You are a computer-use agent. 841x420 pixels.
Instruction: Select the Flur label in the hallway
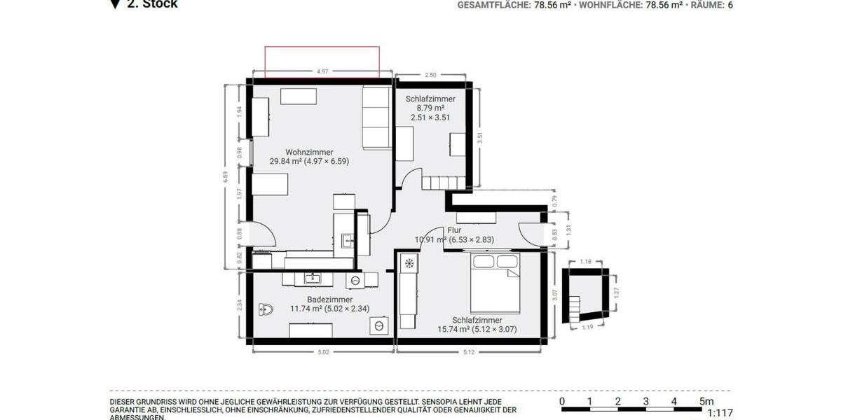[x=455, y=230]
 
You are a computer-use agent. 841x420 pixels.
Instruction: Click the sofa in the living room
[x=376, y=117]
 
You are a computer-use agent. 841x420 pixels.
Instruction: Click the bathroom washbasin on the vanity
[x=312, y=279]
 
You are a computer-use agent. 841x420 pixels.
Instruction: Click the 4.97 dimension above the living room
[x=322, y=71]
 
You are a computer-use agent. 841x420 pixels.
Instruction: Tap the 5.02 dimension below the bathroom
[x=323, y=352]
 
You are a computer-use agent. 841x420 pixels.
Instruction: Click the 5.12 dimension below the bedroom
[x=469, y=352]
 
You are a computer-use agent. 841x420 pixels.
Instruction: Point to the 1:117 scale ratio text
[x=720, y=414]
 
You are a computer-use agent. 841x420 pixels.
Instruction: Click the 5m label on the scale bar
[x=706, y=401]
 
